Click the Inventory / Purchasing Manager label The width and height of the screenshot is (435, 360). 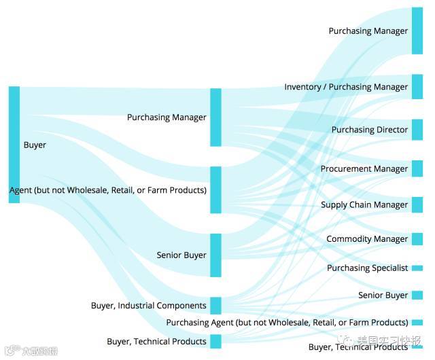[346, 87]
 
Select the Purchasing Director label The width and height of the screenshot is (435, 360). [369, 130]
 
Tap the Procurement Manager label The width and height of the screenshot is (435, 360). [364, 168]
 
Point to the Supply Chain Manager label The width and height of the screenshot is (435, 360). [364, 204]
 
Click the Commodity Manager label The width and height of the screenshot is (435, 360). [367, 239]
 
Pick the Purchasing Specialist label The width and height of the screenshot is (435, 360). [367, 268]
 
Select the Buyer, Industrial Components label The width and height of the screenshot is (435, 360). [148, 306]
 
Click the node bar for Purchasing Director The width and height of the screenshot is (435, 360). [417, 130]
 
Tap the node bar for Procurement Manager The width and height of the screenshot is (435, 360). [417, 168]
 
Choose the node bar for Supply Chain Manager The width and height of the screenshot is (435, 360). [417, 204]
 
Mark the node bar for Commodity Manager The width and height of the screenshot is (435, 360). [417, 239]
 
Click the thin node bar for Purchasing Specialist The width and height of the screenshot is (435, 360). [417, 268]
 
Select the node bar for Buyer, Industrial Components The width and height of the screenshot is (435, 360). [215, 306]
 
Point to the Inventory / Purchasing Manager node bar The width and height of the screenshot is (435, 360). [417, 87]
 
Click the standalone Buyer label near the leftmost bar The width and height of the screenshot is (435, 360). [35, 145]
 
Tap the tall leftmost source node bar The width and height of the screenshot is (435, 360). [14, 144]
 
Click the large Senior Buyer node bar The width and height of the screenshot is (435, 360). [215, 255]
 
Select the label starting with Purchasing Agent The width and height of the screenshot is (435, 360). [287, 323]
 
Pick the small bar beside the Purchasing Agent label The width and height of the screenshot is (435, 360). [417, 323]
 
